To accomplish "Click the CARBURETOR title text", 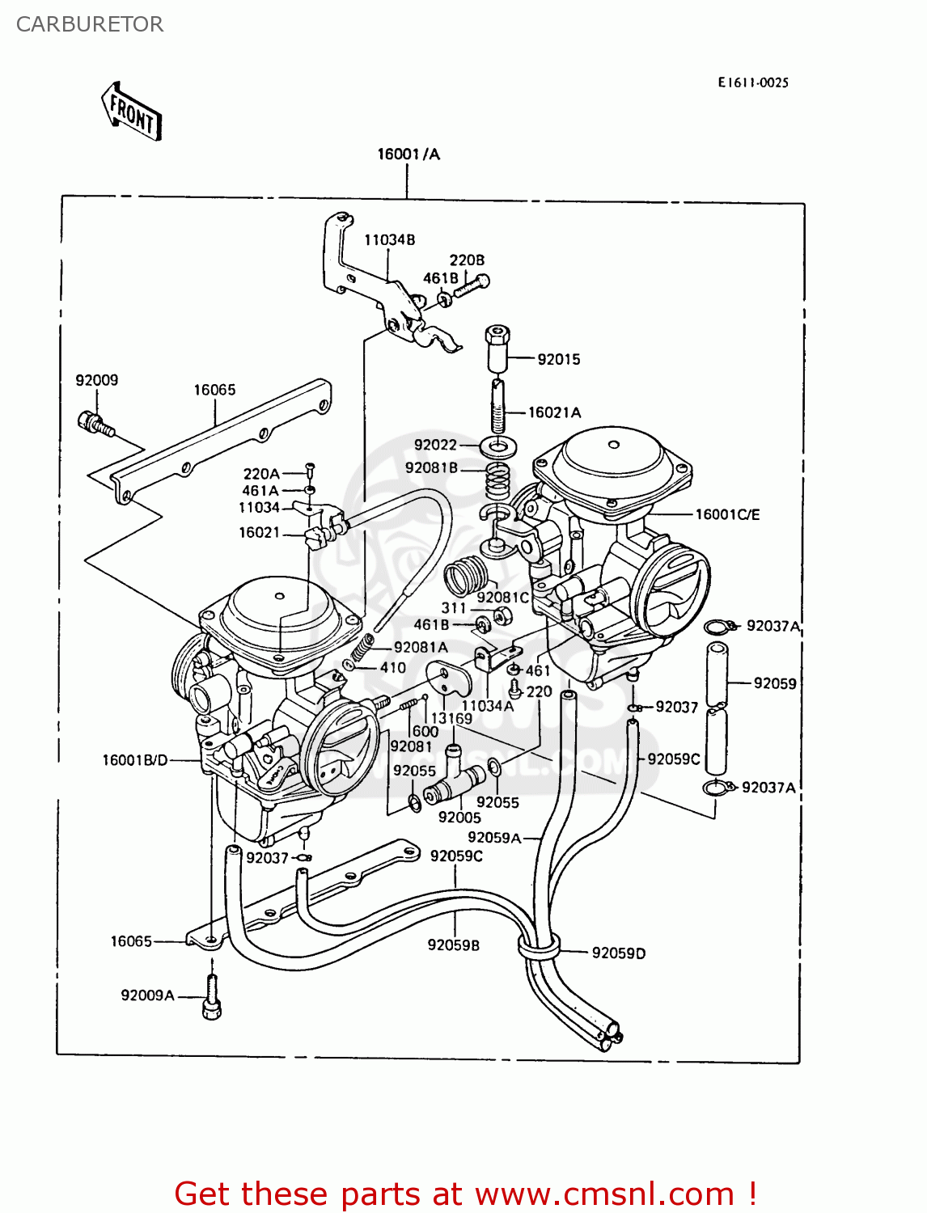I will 89,24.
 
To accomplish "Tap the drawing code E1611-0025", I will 752,82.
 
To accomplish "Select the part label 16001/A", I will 408,154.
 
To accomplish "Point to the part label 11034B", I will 389,240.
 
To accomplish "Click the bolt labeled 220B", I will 471,285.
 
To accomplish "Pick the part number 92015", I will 559,359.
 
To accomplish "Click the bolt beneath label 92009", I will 95,423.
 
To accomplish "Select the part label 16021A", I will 554,412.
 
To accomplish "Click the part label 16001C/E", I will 727,514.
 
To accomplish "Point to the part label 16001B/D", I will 135,760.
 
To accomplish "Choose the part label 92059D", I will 618,953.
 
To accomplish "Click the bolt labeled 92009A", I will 212,995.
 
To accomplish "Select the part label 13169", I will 451,718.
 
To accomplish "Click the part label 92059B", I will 453,945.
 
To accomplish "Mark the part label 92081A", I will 421,647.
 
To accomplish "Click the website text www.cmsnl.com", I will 604,1194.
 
